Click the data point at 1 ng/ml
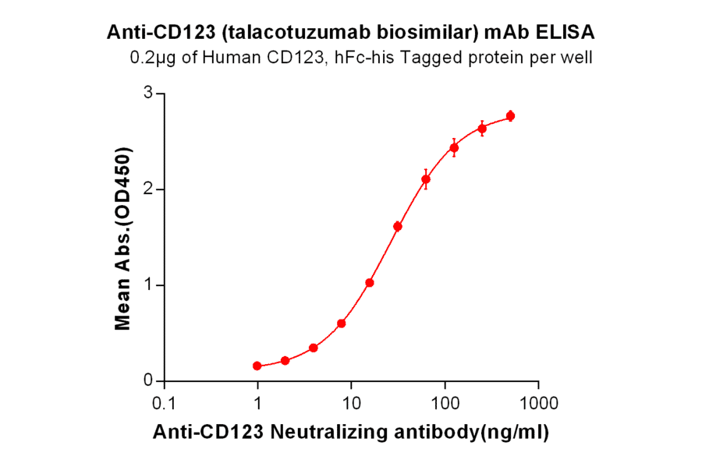[x=257, y=366]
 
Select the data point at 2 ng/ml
[x=285, y=360]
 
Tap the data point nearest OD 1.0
[x=370, y=283]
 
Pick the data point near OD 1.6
[x=398, y=227]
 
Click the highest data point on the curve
[x=510, y=116]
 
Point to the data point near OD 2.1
[x=426, y=179]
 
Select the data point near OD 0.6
[x=342, y=323]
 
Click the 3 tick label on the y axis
[x=147, y=94]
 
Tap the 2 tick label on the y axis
[x=147, y=189]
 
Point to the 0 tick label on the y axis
[x=147, y=380]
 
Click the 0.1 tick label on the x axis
[x=164, y=404]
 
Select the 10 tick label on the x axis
[x=351, y=404]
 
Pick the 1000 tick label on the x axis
[x=538, y=404]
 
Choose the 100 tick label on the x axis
[x=445, y=404]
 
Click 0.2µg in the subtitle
[x=151, y=57]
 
